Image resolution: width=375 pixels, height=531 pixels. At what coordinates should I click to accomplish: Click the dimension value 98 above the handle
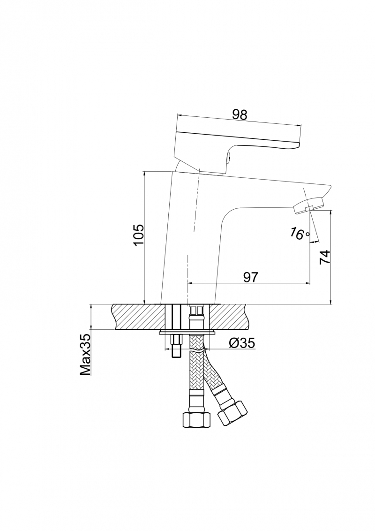point(240,114)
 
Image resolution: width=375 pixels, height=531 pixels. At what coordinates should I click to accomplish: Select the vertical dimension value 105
point(139,235)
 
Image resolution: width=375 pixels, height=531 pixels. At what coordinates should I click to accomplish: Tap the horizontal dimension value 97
point(251,277)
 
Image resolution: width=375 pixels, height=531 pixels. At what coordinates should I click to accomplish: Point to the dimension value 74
point(324,258)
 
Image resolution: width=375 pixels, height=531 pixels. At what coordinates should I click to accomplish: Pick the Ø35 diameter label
point(241,343)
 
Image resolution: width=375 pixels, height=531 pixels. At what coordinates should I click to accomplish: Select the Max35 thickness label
point(85,355)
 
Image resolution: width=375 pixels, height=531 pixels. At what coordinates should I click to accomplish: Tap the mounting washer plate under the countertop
point(187,332)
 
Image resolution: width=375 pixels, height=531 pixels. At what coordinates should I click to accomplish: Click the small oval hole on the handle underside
point(228,157)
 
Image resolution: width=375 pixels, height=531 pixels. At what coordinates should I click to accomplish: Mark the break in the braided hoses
point(197,351)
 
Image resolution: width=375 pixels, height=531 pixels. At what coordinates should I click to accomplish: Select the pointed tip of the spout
point(330,186)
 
